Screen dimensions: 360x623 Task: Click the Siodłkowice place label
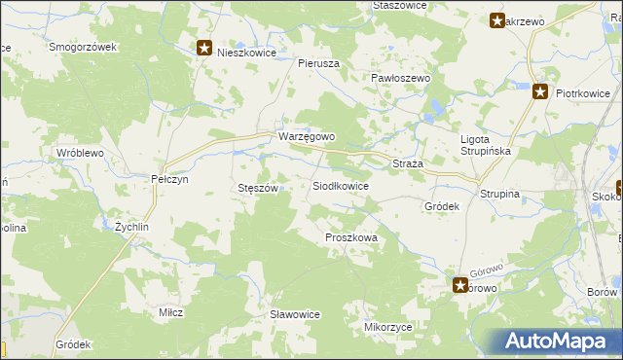click(340, 186)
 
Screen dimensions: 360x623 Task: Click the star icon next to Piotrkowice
click(541, 92)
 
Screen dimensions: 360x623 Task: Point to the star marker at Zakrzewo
click(497, 20)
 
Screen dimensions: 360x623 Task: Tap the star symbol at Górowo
click(459, 285)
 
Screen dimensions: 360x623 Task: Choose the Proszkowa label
click(349, 237)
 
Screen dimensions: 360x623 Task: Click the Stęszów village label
click(259, 188)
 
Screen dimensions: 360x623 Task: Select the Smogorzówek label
click(83, 47)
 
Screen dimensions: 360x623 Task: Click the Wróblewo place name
click(80, 154)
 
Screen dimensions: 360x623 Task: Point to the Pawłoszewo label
click(401, 78)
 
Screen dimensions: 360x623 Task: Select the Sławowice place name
click(295, 314)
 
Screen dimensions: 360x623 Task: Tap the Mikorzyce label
click(386, 328)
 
